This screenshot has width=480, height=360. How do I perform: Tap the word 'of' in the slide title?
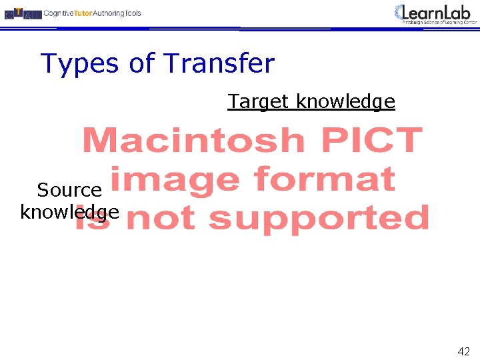(x=142, y=64)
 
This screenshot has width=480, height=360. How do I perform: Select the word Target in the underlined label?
(x=259, y=102)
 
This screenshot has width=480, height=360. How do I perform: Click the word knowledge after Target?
(x=345, y=102)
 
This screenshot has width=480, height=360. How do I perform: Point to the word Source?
(x=69, y=190)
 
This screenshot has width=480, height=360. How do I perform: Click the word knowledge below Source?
(x=69, y=213)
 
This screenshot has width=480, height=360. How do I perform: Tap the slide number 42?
(x=463, y=351)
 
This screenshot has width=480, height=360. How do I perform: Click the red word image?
(x=173, y=180)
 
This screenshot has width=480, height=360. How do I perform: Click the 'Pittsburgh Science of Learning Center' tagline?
(x=440, y=22)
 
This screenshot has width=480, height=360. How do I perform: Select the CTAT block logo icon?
(x=22, y=13)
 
